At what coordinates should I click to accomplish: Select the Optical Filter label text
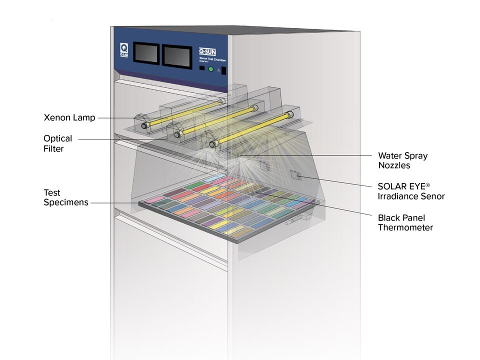(57, 143)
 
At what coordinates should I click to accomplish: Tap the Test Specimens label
(65, 197)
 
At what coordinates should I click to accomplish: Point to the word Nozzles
(394, 165)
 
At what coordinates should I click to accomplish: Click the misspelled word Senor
(433, 196)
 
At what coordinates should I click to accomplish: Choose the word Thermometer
(405, 228)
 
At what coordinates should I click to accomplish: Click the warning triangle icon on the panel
(218, 70)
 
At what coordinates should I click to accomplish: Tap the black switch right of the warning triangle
(224, 70)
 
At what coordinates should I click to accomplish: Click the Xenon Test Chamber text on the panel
(213, 59)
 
